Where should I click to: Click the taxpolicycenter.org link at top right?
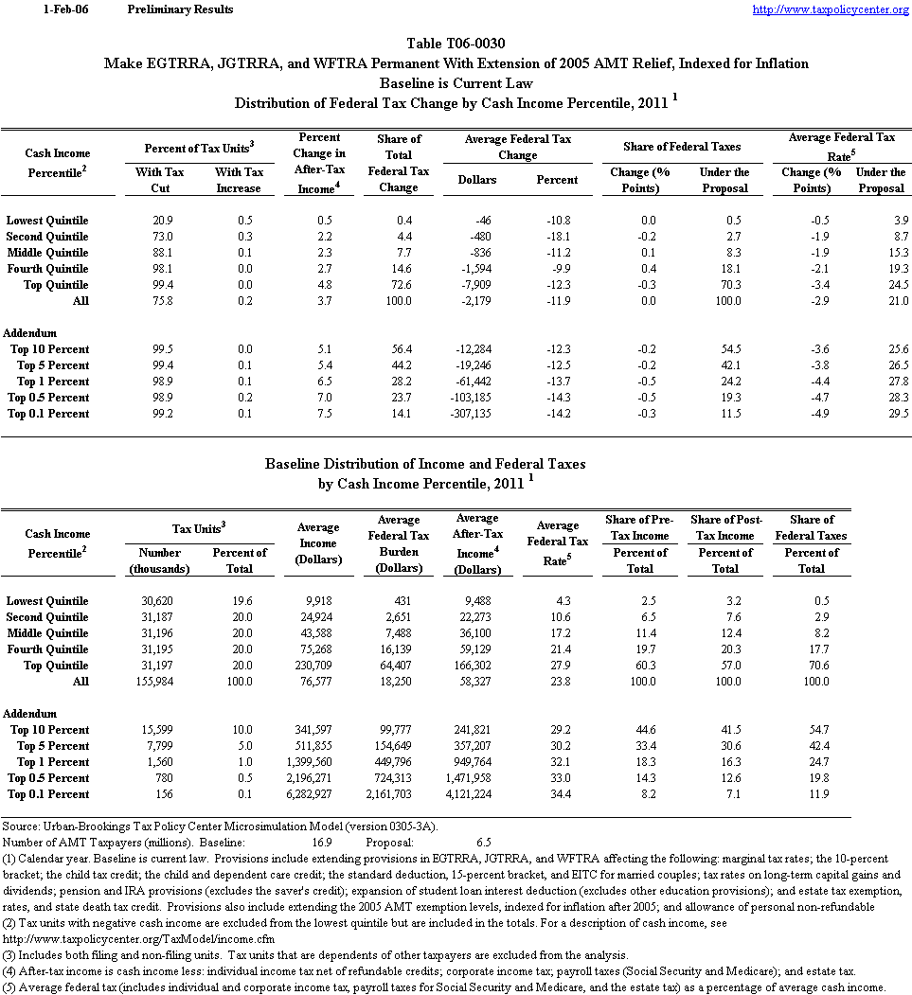click(x=831, y=9)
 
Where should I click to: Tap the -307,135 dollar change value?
click(x=489, y=414)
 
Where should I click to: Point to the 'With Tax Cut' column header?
click(x=160, y=180)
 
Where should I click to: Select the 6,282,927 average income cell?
click(x=318, y=794)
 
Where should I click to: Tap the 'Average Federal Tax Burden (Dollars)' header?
click(x=399, y=543)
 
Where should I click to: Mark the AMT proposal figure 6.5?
click(x=483, y=841)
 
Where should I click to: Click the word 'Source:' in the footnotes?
click(x=21, y=826)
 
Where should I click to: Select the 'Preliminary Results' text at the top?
click(x=179, y=9)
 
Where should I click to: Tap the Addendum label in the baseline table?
click(x=30, y=714)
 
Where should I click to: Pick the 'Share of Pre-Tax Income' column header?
click(x=639, y=527)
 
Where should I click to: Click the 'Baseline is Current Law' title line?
click(x=456, y=83)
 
